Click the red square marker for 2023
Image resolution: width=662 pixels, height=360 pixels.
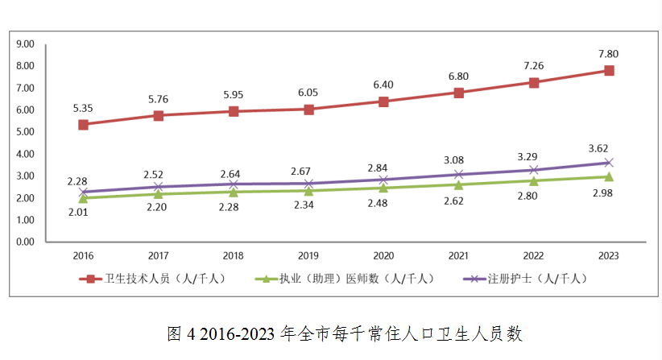[609, 71]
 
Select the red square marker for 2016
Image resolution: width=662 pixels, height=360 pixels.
[83, 125]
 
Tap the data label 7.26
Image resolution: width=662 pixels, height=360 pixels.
[534, 64]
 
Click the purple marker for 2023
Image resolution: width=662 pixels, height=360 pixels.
[609, 163]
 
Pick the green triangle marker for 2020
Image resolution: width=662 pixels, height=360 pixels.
[383, 188]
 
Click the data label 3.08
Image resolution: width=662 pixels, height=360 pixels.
[458, 160]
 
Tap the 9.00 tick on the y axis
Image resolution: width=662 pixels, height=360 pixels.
[25, 43]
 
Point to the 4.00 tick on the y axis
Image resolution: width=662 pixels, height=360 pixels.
[25, 154]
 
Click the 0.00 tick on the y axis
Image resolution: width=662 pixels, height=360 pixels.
[25, 242]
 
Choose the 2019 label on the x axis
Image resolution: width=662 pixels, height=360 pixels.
[308, 256]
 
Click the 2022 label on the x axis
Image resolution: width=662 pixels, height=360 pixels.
[534, 256]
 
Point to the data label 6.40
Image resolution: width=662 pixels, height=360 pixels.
[383, 85]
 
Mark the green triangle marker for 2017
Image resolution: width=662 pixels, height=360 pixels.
[158, 193]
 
